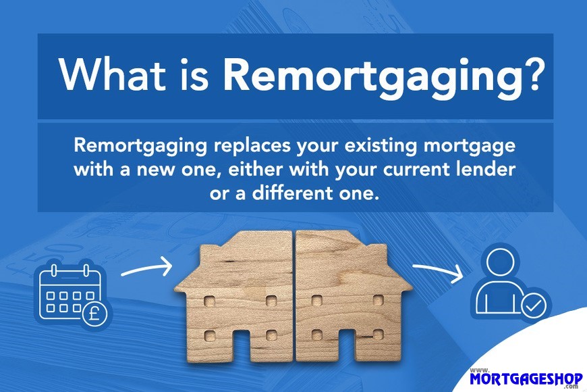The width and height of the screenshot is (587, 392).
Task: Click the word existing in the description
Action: pyautogui.click(x=380, y=146)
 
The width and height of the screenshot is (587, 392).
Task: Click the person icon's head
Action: pyautogui.click(x=501, y=263)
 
